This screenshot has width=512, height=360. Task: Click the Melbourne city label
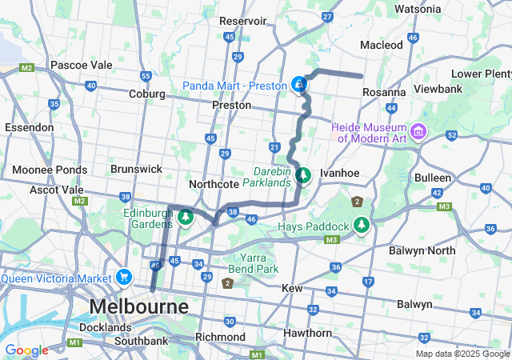coord(139,306)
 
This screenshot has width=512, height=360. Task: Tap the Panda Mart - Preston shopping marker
coord(298,85)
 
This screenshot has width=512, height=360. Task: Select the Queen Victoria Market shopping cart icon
coord(123,278)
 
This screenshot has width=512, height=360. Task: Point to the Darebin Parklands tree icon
coord(303,174)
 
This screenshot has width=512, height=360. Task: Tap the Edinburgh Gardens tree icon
coord(186,218)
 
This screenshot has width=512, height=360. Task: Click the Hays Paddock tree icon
coord(362,226)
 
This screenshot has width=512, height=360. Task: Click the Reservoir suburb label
coord(247,20)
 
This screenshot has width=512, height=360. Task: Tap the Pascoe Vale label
coord(80,64)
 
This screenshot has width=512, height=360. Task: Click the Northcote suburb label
coord(214,184)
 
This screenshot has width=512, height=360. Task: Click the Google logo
coord(26,350)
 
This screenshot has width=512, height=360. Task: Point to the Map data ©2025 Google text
coord(462,354)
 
